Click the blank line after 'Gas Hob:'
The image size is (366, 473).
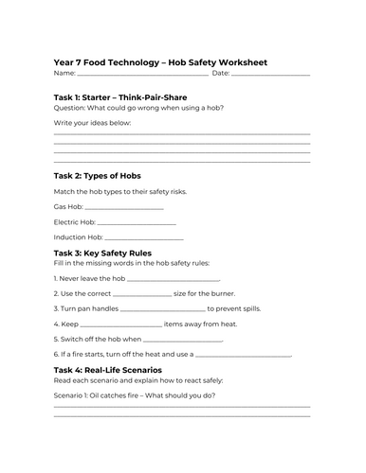124,207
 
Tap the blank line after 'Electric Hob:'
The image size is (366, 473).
137,222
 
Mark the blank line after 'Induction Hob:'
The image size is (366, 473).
143,237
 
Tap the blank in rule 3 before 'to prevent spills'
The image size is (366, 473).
163,309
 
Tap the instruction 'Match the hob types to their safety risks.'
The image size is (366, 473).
120,191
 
